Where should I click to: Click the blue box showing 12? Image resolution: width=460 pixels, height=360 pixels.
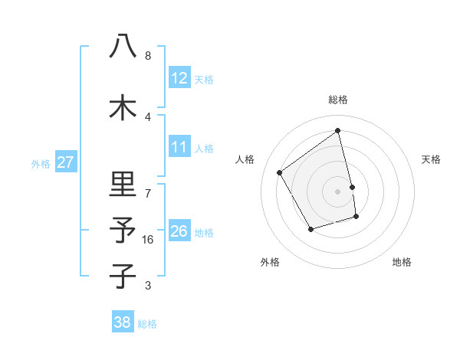click(179, 78)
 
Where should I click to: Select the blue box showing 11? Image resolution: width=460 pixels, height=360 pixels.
click(179, 147)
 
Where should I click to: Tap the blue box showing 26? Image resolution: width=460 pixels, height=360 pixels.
click(179, 231)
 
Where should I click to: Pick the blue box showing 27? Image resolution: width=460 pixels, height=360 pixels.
click(65, 162)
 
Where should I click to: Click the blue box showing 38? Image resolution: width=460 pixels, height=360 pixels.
click(122, 322)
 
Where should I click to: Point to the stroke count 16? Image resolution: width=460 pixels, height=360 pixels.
click(149, 240)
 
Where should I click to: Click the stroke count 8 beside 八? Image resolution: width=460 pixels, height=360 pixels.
click(148, 56)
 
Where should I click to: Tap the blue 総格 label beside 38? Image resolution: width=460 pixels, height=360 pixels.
click(147, 324)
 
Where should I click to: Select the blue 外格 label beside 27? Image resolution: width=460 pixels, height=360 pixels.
click(41, 164)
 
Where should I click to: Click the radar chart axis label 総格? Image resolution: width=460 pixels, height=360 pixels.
click(338, 100)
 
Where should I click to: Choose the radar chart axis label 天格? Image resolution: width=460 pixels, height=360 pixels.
click(432, 159)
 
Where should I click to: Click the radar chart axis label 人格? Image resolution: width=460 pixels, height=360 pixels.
click(245, 159)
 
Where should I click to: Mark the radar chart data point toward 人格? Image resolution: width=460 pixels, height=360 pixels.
click(280, 172)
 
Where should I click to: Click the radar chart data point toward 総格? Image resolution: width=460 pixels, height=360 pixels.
click(338, 131)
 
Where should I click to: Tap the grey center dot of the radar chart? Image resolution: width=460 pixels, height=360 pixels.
click(338, 191)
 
